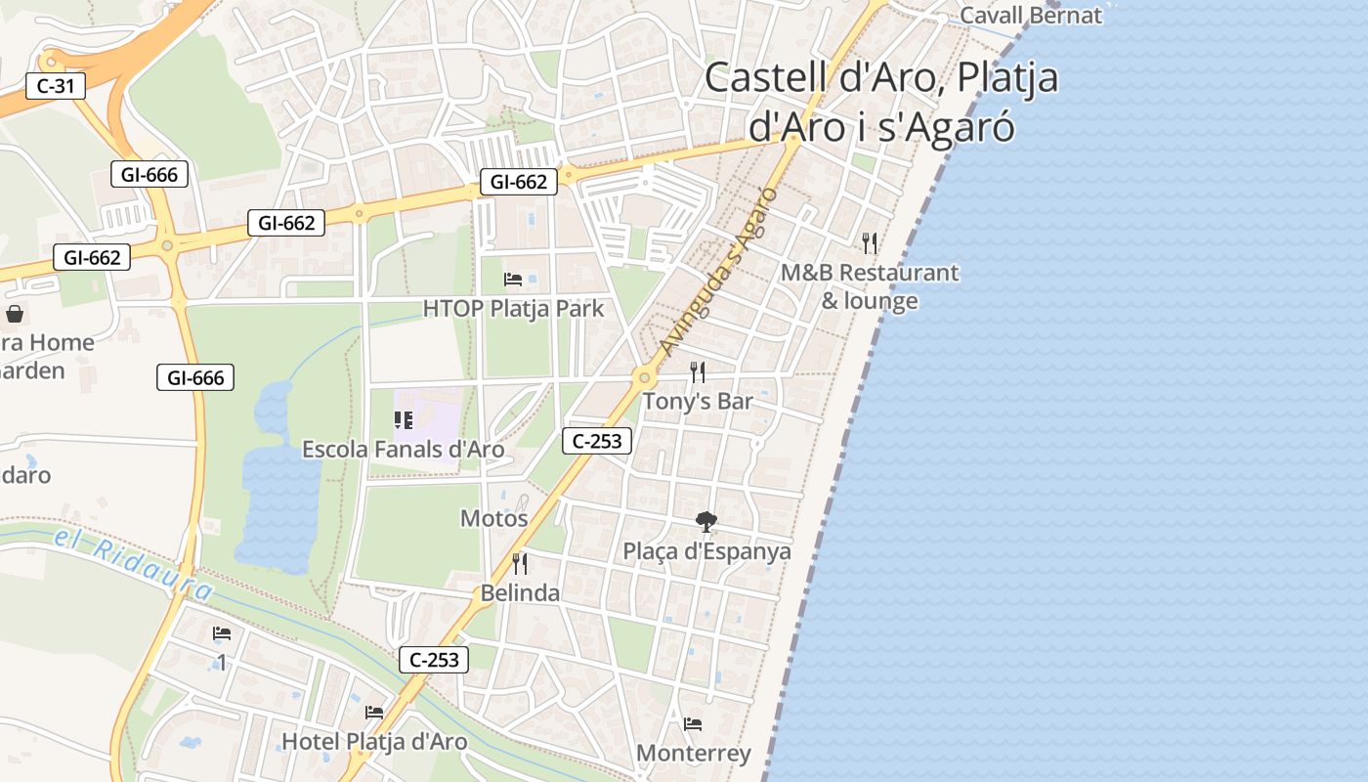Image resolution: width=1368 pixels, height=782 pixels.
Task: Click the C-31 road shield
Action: [56, 86]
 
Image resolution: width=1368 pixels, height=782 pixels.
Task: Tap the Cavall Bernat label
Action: [1031, 16]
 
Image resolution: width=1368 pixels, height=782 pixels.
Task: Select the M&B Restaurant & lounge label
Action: [870, 286]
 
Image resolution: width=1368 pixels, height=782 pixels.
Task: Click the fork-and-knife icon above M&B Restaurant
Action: [870, 242]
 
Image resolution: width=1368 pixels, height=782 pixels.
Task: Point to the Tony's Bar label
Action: [698, 402]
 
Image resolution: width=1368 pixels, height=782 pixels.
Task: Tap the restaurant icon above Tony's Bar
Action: [698, 371]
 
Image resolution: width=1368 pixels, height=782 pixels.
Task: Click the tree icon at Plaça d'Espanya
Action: [705, 521]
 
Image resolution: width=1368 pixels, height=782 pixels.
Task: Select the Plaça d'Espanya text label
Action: [707, 551]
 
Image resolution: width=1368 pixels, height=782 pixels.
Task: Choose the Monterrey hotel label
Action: [694, 754]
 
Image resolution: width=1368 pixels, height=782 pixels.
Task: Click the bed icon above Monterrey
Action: [693, 724]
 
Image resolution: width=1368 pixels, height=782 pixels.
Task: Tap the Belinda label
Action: [520, 593]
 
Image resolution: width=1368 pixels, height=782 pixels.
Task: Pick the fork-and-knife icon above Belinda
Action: [520, 563]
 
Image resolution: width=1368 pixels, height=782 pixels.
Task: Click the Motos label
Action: [494, 519]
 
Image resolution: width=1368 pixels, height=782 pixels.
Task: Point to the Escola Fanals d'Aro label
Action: [404, 450]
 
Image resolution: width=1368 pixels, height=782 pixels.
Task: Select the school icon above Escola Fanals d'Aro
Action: [404, 420]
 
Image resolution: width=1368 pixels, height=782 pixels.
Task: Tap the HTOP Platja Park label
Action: [514, 310]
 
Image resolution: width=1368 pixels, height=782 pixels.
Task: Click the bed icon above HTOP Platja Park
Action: [513, 280]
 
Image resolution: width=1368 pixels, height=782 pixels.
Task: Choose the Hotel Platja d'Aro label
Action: [375, 742]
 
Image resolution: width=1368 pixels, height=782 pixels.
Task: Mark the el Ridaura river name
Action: [133, 565]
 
